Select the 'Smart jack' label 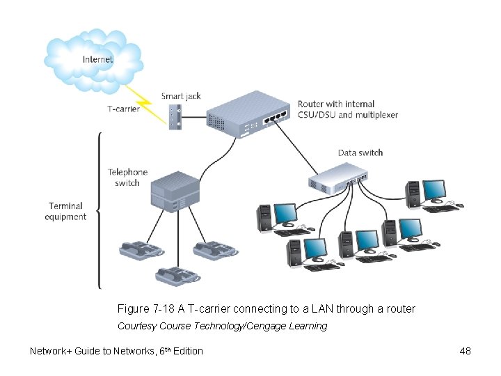click(181, 95)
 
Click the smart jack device click(175, 116)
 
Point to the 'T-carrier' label click(123, 109)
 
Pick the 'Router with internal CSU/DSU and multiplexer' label click(347, 109)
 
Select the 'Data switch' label click(360, 152)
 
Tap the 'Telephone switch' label click(127, 177)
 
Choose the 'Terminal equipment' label click(65, 211)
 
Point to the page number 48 click(465, 351)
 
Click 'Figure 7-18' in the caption click(143, 308)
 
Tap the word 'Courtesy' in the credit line click(137, 326)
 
